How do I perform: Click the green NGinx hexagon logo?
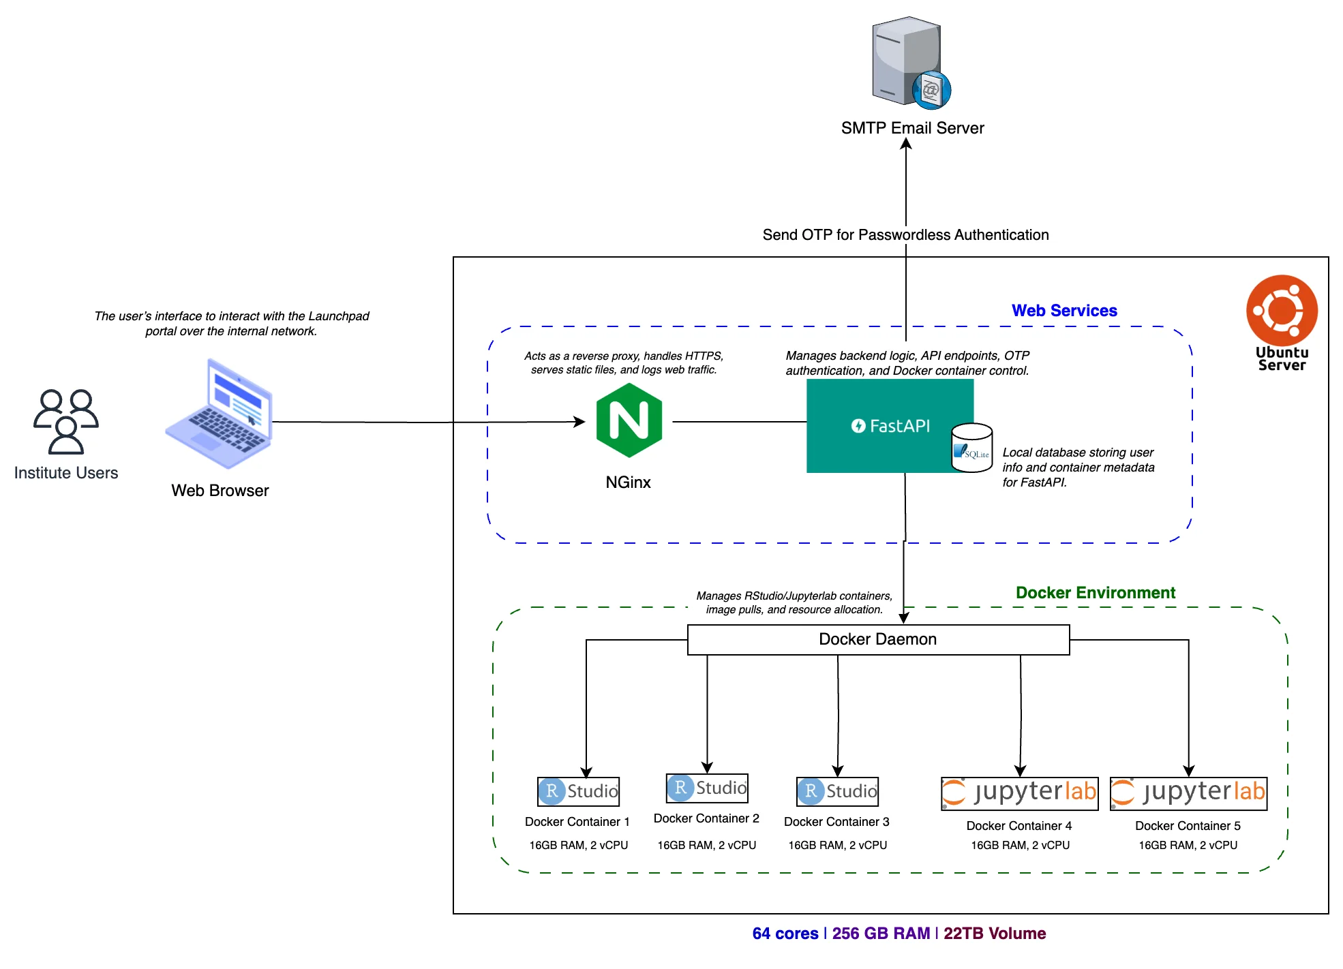pos(629,420)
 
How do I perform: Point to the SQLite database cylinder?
pos(971,447)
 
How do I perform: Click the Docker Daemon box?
pos(878,640)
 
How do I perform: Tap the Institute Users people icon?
pos(66,422)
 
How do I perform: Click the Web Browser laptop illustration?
pos(220,414)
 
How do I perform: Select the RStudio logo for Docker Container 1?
pos(578,791)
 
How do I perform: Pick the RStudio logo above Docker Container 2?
pos(707,788)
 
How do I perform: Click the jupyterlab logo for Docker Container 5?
pos(1188,793)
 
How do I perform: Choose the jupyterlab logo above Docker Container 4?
pos(1019,793)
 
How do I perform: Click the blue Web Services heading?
pos(1063,311)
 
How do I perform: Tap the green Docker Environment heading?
pos(1095,593)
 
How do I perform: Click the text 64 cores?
pos(785,934)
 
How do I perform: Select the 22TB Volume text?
pos(995,934)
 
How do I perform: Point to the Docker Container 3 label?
pos(836,822)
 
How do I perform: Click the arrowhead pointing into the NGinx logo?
pos(580,422)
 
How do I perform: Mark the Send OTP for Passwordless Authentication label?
pos(905,235)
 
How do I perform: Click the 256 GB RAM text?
pos(881,934)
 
